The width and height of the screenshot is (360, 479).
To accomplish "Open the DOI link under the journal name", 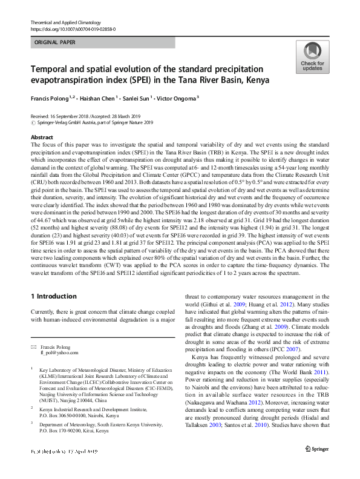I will tap(73, 28).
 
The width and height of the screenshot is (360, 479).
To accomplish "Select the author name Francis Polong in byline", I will tap(53, 97).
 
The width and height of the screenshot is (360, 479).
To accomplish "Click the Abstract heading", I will tap(42, 137).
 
